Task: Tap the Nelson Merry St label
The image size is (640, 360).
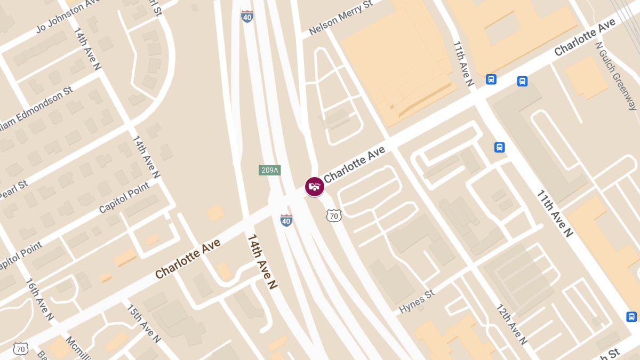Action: coord(340,19)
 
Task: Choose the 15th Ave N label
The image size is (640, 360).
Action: coord(143,323)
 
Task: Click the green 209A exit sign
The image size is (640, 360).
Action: coord(269,170)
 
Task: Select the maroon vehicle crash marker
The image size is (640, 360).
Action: coord(315,187)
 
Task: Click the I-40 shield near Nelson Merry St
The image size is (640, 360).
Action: coord(247,16)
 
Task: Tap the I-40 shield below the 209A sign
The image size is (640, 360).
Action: coord(286,220)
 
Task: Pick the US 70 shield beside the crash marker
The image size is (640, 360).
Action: coord(334,215)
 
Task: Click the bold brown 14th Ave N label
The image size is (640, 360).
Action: coord(262,262)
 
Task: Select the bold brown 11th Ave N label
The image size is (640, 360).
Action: coord(554,213)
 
